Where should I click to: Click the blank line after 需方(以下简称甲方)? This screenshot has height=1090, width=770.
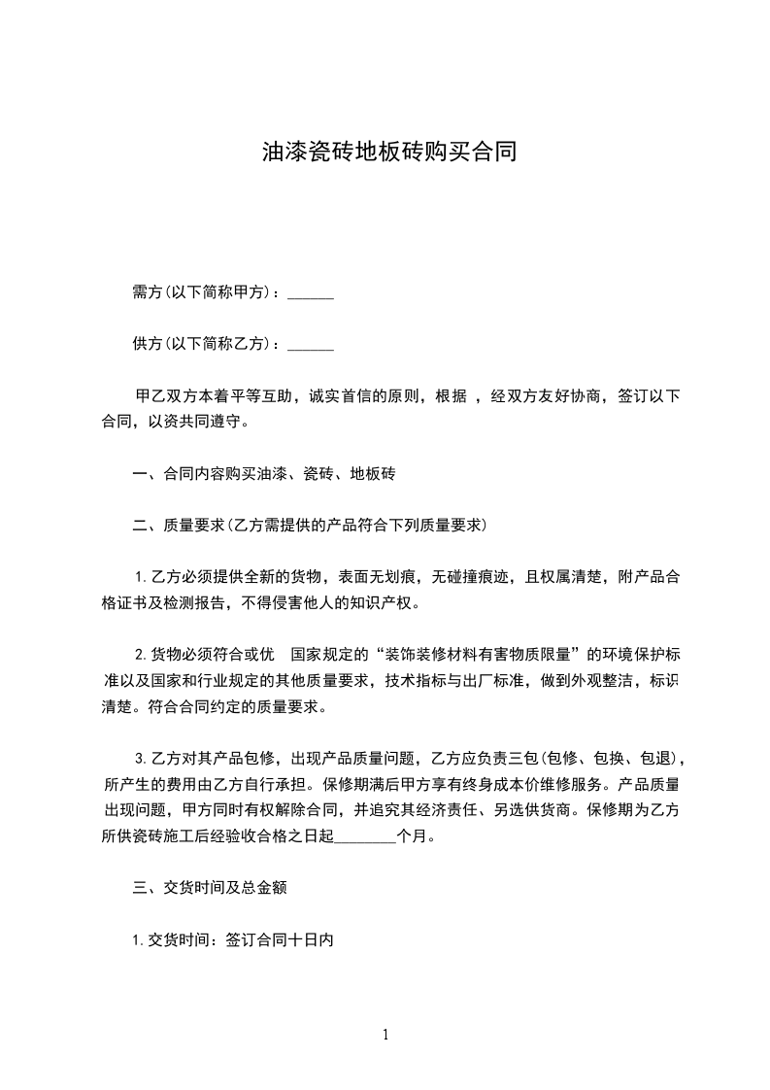tap(311, 292)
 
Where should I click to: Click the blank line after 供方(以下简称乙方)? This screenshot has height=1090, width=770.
tap(311, 344)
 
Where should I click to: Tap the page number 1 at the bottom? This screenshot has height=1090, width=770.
tap(385, 1035)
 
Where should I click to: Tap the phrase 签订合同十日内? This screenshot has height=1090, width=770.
tap(280, 939)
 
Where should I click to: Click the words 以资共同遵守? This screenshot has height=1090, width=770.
tap(202, 423)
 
